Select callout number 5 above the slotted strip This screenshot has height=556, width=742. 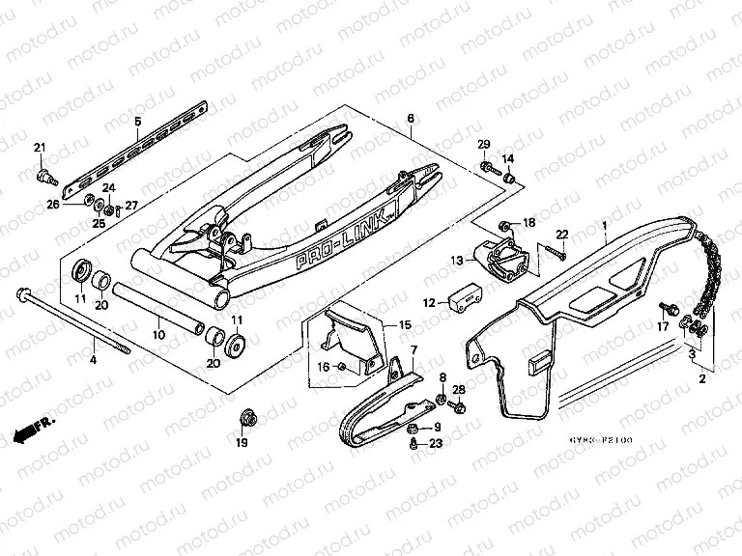click(137, 121)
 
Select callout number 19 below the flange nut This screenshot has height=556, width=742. click(242, 443)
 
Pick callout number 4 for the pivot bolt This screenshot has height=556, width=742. click(93, 359)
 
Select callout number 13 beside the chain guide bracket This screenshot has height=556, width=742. click(456, 260)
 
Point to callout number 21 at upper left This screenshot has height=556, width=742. click(40, 147)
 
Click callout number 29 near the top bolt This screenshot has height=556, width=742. click(484, 144)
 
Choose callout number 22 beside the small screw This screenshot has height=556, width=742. click(561, 234)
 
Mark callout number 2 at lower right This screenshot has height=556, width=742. click(702, 380)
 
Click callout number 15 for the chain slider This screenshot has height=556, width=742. click(405, 325)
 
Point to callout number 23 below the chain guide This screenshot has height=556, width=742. click(436, 443)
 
